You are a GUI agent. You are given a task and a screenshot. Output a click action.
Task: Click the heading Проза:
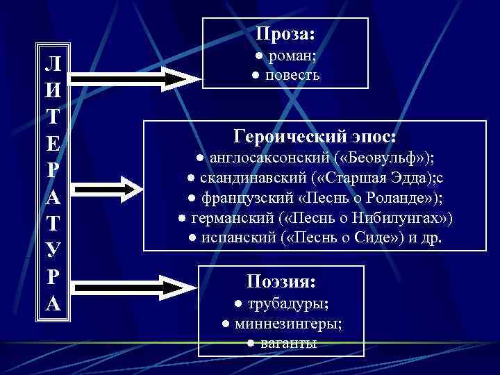pyautogui.click(x=285, y=33)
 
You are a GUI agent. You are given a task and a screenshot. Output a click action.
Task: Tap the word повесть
pyautogui.click(x=292, y=75)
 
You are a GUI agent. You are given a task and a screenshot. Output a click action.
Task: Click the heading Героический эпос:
pyautogui.click(x=315, y=135)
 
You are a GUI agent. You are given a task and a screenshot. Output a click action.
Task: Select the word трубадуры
pyautogui.click(x=287, y=304)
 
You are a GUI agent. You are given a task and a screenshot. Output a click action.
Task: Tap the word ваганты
pyautogui.click(x=289, y=344)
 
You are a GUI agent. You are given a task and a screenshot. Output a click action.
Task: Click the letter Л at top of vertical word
pyautogui.click(x=54, y=65)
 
